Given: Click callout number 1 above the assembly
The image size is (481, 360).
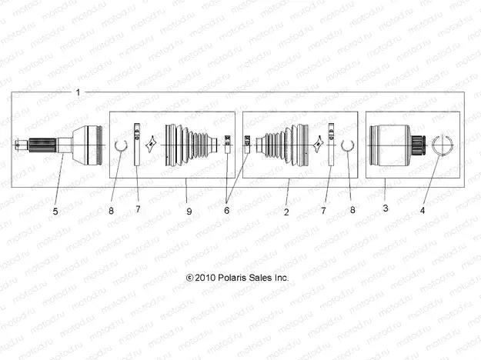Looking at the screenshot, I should click(78, 92).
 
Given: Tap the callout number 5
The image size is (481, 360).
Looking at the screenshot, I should click(55, 209).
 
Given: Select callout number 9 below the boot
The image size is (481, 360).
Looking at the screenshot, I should click(188, 209).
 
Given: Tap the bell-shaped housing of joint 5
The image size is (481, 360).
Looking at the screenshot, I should click(89, 143).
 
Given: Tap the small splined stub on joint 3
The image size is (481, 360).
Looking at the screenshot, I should click(419, 144).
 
